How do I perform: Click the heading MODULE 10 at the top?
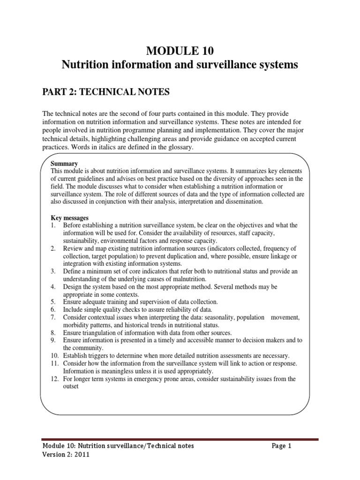coord(180,50)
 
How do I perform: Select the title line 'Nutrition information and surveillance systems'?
coord(180,65)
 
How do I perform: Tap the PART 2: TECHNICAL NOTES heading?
coord(106,92)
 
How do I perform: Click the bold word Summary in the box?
coord(64,164)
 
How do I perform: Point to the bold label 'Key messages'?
coord(69,218)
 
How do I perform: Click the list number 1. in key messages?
coord(53,225)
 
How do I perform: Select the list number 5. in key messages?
coord(53,302)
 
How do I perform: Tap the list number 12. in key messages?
coord(55,379)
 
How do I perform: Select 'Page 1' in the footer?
coord(281,446)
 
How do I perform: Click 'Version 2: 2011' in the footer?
coord(66,454)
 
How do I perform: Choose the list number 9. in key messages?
coord(53,340)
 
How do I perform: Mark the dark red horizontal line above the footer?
coord(180,439)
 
